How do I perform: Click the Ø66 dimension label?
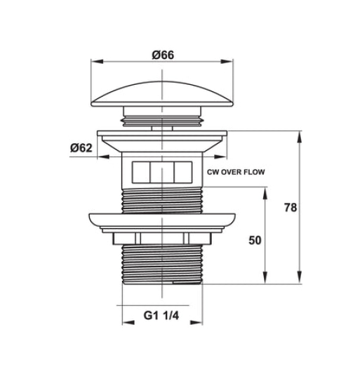163,55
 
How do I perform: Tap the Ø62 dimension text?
81,147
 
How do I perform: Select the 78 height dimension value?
290,207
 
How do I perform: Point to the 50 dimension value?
255,240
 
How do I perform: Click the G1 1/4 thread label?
161,315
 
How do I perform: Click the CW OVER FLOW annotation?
236,172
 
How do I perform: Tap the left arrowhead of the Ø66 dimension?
97,61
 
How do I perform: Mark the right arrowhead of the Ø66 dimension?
227,61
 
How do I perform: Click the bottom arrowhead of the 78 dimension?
299,277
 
